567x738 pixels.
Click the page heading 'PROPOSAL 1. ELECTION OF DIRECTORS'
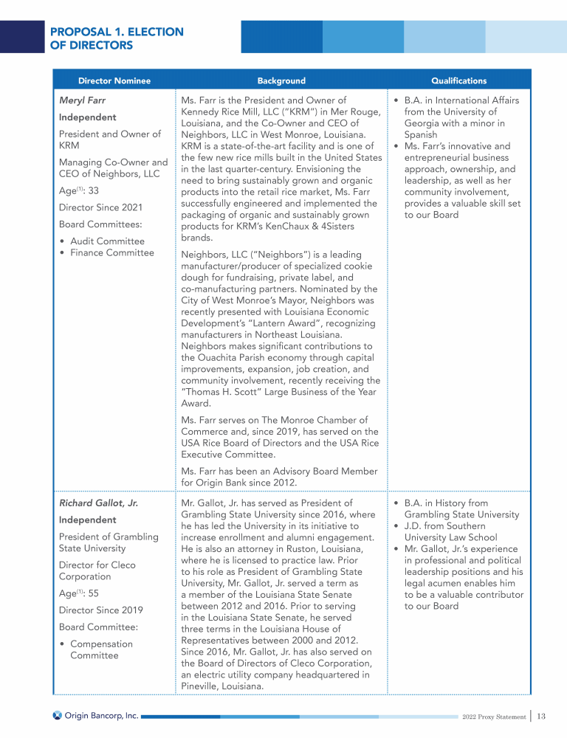pos(117,38)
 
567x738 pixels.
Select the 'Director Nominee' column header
pos(114,80)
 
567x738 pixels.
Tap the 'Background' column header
pos(281,80)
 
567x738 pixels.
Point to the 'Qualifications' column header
pos(458,80)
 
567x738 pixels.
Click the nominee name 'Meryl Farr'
pos(83,100)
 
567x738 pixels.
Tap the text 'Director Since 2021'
pos(100,207)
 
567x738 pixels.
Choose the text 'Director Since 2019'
pos(100,610)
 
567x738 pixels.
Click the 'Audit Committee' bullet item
pos(107,241)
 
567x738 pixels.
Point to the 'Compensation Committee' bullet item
pos(101,649)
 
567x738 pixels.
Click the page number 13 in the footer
pos(541,716)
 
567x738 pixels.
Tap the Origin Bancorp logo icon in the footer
pos(57,716)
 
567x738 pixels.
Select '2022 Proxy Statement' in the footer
pos(493,717)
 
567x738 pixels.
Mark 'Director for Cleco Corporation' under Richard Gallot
pos(96,570)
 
